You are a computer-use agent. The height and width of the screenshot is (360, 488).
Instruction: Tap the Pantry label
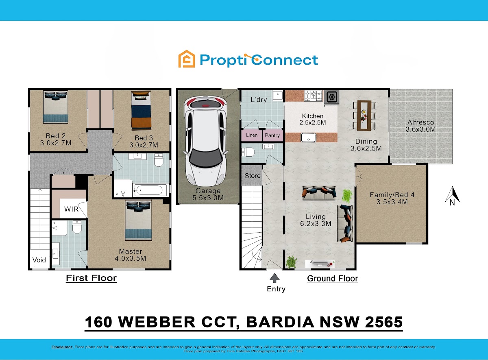pyautogui.click(x=272, y=135)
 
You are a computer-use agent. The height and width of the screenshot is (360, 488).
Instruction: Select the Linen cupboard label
pyautogui.click(x=252, y=135)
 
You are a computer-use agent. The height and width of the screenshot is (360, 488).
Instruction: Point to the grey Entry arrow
pyautogui.click(x=274, y=278)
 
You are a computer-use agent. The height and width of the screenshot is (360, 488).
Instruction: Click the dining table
pyautogui.click(x=364, y=116)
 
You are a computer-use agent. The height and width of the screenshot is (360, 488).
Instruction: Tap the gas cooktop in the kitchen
pyautogui.click(x=313, y=96)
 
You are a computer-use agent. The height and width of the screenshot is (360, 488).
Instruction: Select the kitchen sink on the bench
pyautogui.click(x=308, y=137)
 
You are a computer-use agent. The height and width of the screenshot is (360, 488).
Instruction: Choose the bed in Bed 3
pyautogui.click(x=141, y=110)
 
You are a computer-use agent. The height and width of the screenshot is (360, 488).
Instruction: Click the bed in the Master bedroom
pyautogui.click(x=138, y=220)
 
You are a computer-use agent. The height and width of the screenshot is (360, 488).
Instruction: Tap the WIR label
pyautogui.click(x=71, y=209)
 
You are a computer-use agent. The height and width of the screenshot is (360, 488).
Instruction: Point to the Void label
pyautogui.click(x=39, y=260)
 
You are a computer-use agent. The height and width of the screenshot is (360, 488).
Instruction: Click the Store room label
pyautogui.click(x=253, y=176)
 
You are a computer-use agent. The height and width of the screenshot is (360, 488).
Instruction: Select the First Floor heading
pyautogui.click(x=91, y=278)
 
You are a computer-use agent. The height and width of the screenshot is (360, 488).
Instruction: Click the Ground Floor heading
pyautogui.click(x=333, y=279)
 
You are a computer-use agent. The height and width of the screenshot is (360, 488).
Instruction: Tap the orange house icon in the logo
pyautogui.click(x=187, y=59)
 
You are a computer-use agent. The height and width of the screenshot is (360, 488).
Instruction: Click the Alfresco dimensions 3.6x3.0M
pyautogui.click(x=420, y=129)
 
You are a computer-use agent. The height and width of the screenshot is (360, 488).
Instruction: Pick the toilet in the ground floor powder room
pyautogui.click(x=248, y=152)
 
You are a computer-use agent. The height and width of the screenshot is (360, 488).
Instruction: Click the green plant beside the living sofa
pyautogui.click(x=347, y=196)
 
